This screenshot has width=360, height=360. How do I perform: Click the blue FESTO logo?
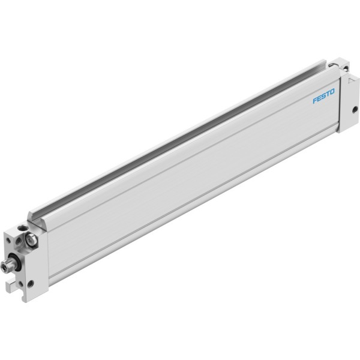(324, 96)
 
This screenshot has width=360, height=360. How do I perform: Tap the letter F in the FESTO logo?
(315, 100)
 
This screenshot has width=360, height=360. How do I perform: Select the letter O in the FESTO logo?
(332, 92)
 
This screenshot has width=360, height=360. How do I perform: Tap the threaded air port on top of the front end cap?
(23, 228)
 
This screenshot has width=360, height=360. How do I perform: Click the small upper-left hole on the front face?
(9, 241)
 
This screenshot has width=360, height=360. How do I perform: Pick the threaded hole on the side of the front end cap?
(31, 284)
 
